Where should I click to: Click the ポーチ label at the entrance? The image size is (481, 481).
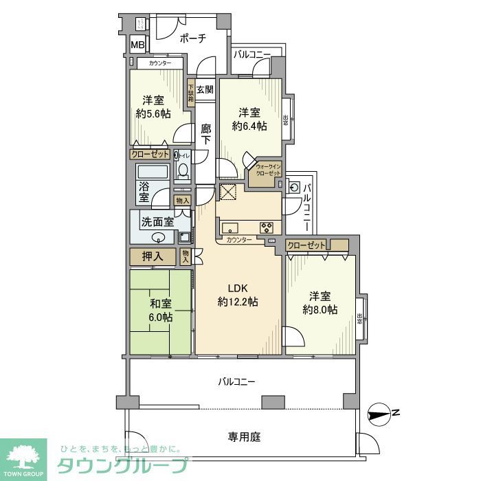click(x=193, y=39)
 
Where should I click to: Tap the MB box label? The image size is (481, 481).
click(x=138, y=46)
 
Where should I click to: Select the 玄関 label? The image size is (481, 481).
click(x=205, y=89)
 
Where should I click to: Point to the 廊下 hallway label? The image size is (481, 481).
click(x=206, y=133)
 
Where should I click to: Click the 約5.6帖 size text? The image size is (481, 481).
click(x=153, y=114)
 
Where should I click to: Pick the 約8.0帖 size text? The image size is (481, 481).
click(x=321, y=310)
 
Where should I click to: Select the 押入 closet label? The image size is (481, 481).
click(x=153, y=257)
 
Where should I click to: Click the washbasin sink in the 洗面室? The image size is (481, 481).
click(x=159, y=238)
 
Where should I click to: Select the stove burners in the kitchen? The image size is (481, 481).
click(x=265, y=227)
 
